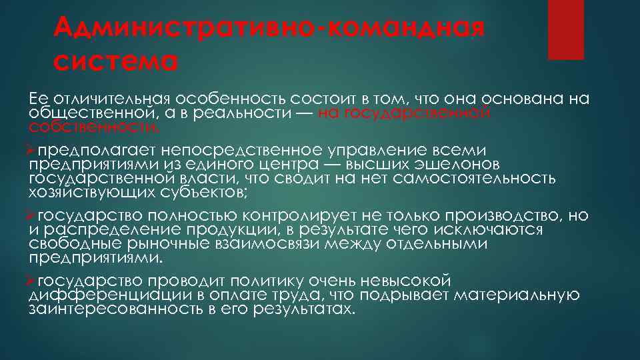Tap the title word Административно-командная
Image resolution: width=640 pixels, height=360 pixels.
[x=269, y=28]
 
